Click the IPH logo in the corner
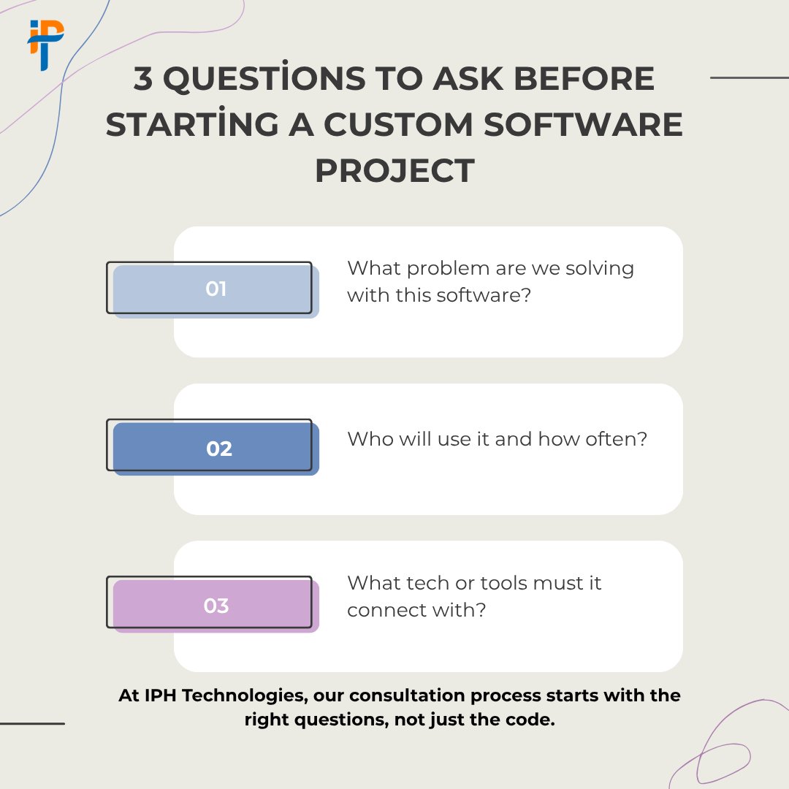46,44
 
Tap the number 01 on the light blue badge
216,289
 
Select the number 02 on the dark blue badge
219,449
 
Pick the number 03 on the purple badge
216,606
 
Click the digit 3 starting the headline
143,79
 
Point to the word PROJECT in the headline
394,170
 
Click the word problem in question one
447,268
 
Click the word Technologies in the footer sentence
243,695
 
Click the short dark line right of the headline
749,77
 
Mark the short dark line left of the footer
32,723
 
